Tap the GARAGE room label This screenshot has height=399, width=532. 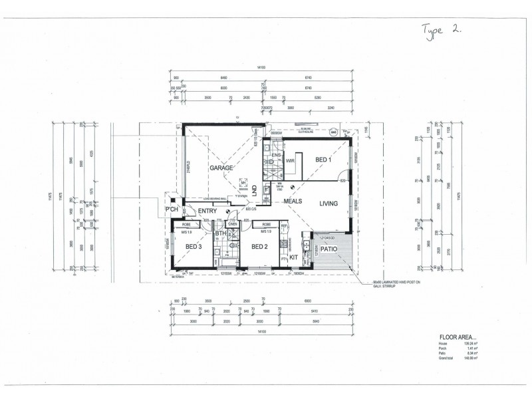[222, 168]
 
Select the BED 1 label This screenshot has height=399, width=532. [325, 160]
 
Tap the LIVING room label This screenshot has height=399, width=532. [329, 203]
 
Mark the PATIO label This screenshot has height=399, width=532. [329, 250]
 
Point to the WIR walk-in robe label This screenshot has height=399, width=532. [290, 161]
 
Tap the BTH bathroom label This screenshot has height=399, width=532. [220, 233]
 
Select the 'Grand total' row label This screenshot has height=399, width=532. [448, 357]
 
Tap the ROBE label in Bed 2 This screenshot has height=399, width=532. [265, 225]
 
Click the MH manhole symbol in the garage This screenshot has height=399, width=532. [243, 182]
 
